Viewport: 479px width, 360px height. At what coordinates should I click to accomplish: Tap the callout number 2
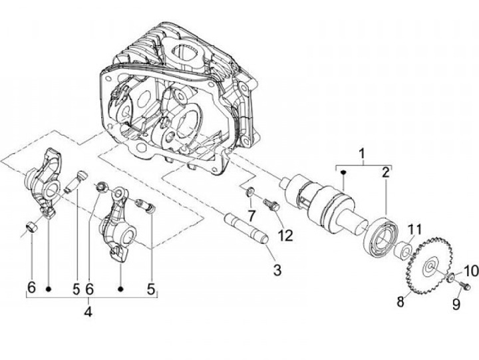point(385,173)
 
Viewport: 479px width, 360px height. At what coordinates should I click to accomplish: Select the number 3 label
point(277,270)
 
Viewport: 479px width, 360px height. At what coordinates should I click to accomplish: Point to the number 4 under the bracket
point(88,311)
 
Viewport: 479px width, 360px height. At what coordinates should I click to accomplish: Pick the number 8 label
point(400,301)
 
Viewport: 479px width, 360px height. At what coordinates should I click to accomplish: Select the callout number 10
point(471,270)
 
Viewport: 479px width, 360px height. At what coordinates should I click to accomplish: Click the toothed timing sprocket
point(432,266)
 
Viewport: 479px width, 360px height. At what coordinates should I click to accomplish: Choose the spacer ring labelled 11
point(403,252)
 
